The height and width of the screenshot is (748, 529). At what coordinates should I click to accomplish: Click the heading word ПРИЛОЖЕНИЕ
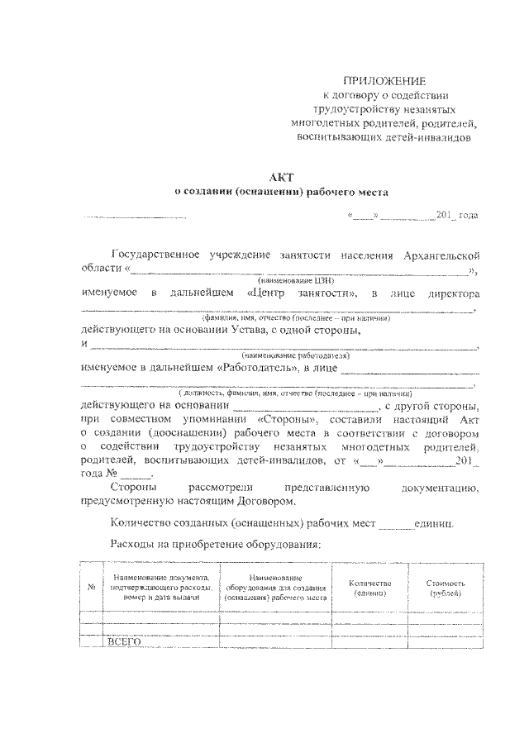387,81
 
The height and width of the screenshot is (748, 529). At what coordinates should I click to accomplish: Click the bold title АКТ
281,176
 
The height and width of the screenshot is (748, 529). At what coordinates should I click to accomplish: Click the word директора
450,294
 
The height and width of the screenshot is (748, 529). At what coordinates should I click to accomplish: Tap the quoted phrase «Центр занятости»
302,294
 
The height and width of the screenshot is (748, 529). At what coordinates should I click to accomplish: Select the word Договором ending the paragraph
257,500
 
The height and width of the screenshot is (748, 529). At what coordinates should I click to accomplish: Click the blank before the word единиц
396,524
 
